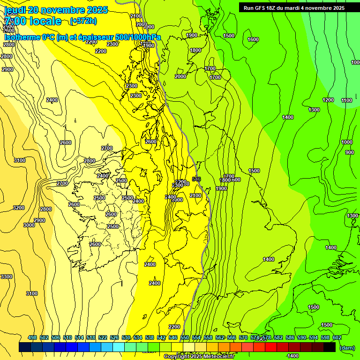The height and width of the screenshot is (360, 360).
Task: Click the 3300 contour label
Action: (x=7, y=277)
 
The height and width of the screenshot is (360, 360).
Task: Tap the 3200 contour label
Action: (x=19, y=208)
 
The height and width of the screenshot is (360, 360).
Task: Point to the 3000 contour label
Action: (x=29, y=225)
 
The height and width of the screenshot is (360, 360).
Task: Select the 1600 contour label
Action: (x=253, y=39)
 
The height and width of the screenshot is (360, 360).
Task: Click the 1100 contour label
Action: (x=347, y=100)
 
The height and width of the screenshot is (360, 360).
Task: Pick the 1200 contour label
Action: (x=328, y=100)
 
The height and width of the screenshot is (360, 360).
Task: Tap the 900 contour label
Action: (x=349, y=152)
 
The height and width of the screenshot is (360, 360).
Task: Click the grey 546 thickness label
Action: (x=196, y=179)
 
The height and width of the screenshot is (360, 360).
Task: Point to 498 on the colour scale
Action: (x=32, y=338)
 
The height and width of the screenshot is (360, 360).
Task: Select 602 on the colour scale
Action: (x=337, y=338)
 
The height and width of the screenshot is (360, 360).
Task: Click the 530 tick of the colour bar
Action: (x=126, y=338)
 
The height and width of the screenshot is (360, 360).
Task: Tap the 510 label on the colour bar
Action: (x=67, y=338)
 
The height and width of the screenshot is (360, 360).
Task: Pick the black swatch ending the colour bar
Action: (x=330, y=347)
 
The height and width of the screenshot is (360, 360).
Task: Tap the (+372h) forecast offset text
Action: (x=83, y=21)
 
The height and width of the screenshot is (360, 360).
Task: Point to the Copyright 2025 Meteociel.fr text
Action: (x=199, y=356)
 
